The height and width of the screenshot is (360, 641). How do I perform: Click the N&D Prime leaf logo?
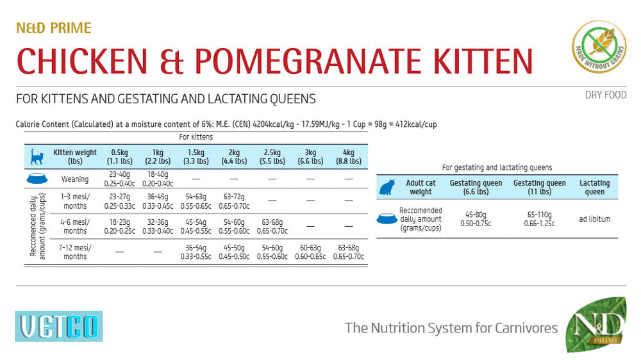(x=595, y=324)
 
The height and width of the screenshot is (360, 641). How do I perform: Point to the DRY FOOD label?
(x=605, y=95)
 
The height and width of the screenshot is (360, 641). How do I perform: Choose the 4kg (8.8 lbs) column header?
(x=348, y=156)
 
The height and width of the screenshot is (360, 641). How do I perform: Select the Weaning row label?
(x=75, y=179)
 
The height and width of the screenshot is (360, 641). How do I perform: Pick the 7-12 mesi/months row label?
(x=75, y=252)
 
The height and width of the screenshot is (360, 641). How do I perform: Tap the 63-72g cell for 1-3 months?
(x=233, y=201)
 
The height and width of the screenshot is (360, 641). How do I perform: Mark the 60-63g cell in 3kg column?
(x=310, y=252)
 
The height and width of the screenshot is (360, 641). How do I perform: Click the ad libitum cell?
(x=594, y=219)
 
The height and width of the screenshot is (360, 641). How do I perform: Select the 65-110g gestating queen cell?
(x=539, y=219)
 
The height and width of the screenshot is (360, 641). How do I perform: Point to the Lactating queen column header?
(x=594, y=187)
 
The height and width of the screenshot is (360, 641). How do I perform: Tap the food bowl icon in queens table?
(x=387, y=219)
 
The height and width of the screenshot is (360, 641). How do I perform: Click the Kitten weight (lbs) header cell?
(x=75, y=156)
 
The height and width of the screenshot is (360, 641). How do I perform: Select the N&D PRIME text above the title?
(x=54, y=28)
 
